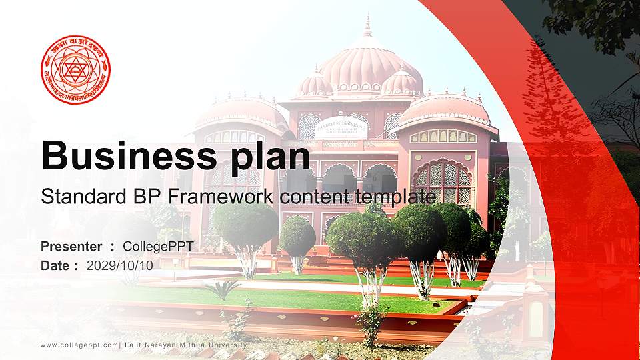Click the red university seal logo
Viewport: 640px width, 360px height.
coord(75,69)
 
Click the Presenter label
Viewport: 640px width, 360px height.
coord(71,247)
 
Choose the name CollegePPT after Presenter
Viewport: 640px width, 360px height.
coord(158,247)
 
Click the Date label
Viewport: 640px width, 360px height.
coord(55,265)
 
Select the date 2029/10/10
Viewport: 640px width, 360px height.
coord(119,265)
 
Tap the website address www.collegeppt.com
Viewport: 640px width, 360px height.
coord(79,345)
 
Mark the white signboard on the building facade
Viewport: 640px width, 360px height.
coord(341,127)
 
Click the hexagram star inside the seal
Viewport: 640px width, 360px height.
coord(75,69)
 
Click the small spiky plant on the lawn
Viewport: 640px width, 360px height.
coord(222,288)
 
